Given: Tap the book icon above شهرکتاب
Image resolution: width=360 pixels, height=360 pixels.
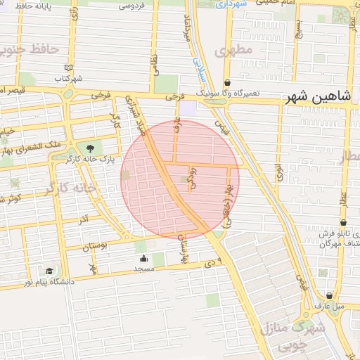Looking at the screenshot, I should (x=67, y=68).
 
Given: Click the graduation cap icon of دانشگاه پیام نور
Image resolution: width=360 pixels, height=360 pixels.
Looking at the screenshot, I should (x=49, y=271).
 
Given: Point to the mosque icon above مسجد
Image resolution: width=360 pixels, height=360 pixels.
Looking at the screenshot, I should (x=144, y=257).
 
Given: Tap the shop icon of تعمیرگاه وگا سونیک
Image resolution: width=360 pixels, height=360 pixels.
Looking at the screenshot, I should (x=226, y=82).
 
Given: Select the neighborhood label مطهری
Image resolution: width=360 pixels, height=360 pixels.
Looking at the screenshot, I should (x=234, y=51).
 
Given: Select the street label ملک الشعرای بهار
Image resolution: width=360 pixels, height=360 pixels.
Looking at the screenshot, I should (x=36, y=146).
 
